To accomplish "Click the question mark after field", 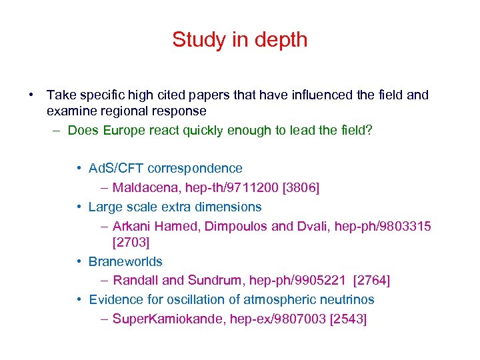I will [369, 130].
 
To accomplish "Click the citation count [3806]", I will [301, 188].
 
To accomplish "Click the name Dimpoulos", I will [236, 226].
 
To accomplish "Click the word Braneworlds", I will [125, 262].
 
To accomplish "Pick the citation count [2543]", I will [348, 319].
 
